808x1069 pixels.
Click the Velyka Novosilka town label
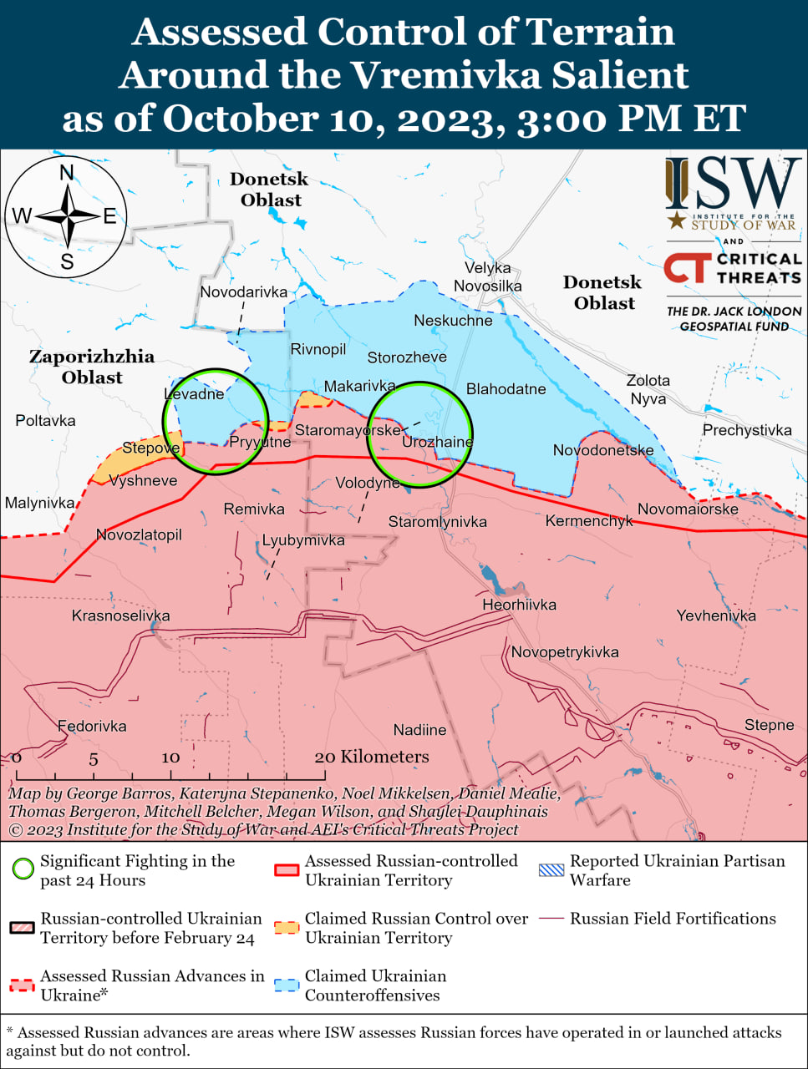click(x=487, y=276)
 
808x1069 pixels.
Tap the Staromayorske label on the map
click(x=348, y=430)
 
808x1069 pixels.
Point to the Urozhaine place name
click(x=437, y=442)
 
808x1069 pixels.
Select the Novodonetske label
click(x=603, y=450)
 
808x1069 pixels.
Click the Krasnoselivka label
click(x=120, y=616)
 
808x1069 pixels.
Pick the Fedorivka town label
click(x=92, y=726)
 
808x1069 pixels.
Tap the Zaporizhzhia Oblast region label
click(x=92, y=367)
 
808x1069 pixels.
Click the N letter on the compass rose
click(x=67, y=173)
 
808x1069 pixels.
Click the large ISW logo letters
click(x=733, y=184)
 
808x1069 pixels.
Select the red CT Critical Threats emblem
click(x=687, y=268)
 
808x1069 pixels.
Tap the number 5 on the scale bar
click(x=94, y=759)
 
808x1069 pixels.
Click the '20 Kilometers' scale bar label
click(x=372, y=757)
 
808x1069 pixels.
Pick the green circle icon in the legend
click(x=23, y=869)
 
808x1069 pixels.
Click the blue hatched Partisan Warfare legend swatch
click(x=551, y=869)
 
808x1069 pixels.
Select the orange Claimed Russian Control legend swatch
click(x=287, y=927)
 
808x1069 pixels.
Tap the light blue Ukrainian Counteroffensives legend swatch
click(x=287, y=985)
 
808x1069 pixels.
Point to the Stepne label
click(x=769, y=724)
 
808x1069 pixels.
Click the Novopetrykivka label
click(x=565, y=651)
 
